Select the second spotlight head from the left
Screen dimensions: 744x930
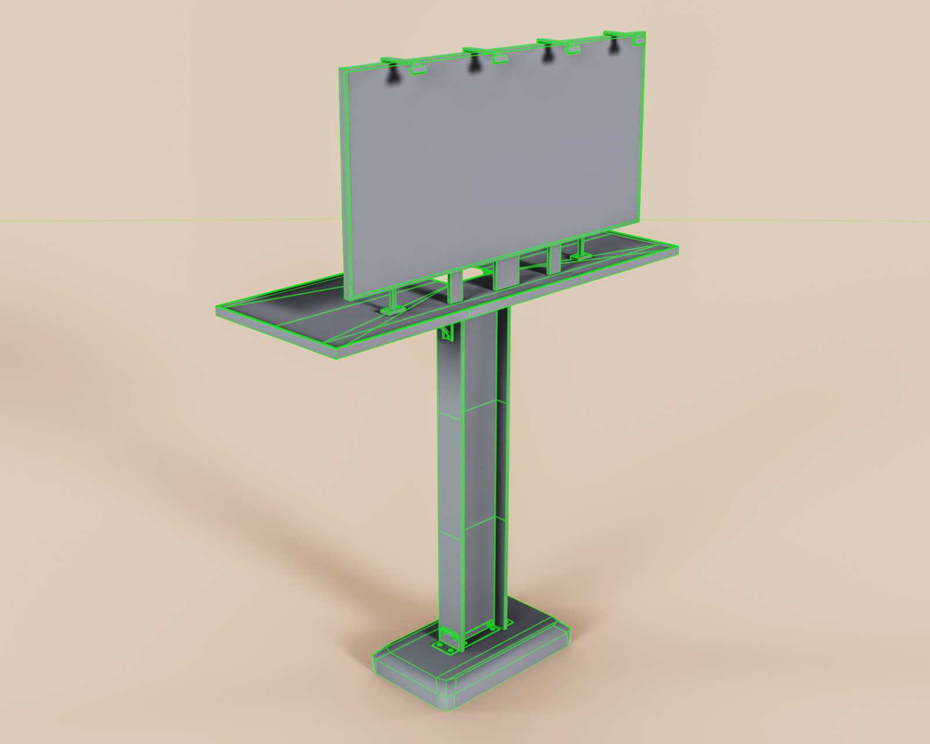(499, 58)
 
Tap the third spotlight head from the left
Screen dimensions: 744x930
(573, 49)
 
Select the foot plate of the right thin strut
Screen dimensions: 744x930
(581, 256)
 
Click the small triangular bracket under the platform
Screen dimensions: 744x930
(447, 333)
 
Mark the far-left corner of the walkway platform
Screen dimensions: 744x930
(217, 307)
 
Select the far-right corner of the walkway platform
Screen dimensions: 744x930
(678, 247)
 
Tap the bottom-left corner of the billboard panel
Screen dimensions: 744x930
(349, 298)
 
